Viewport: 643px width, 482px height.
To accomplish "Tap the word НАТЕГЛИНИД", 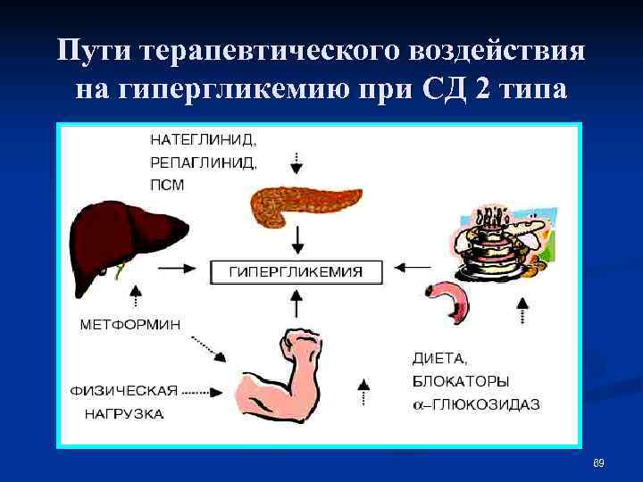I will coord(203,139).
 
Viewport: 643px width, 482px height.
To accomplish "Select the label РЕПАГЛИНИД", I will coord(203,162).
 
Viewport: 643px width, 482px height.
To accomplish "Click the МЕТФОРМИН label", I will coord(130,325).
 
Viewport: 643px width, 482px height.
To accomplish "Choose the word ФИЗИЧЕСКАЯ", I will coord(124,391).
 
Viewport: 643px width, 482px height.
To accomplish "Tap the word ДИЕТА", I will coord(439,359).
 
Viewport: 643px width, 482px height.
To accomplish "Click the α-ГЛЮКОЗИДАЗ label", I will coord(475,404).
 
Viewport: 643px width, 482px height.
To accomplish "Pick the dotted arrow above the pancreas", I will coord(297,161).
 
